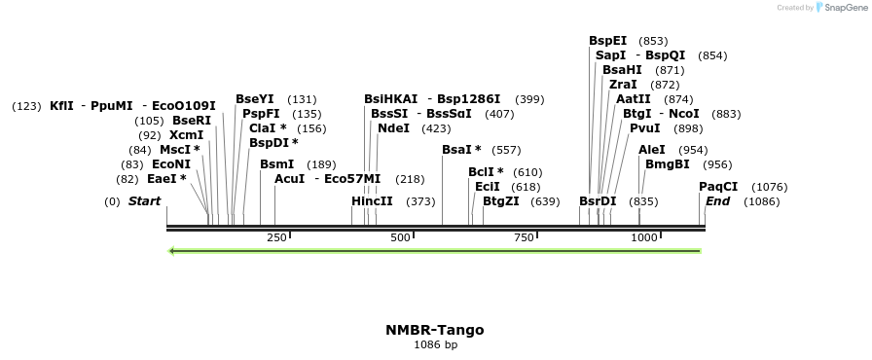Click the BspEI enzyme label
608,41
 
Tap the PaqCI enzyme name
718,186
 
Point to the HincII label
372,201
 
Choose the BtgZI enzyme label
501,201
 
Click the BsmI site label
276,164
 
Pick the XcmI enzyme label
186,135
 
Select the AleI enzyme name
652,150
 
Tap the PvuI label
645,127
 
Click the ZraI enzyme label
623,85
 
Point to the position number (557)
507,150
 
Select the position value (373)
420,201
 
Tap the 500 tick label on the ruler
401,237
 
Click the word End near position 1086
718,201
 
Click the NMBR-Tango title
435,330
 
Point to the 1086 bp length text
435,344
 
